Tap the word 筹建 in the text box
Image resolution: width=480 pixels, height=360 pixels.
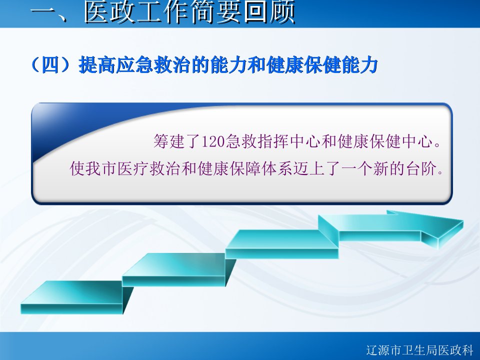(169, 141)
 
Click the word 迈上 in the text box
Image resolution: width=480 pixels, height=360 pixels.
(309, 168)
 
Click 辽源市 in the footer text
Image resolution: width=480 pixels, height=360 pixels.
(384, 350)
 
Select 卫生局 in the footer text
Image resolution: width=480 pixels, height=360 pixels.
(419, 350)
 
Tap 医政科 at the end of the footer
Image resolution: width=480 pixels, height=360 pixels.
(455, 350)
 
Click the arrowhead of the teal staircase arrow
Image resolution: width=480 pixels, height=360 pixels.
(441, 229)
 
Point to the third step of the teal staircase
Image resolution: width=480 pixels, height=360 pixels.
(281, 244)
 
